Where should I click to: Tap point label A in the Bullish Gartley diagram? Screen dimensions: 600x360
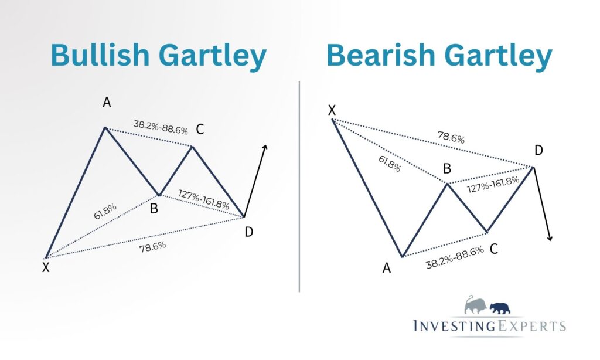107,102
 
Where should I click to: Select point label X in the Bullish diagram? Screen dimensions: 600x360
46,267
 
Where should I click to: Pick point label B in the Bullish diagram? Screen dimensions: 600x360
154,209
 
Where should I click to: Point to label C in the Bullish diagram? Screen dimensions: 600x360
200,130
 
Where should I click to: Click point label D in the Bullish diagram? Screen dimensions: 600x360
248,232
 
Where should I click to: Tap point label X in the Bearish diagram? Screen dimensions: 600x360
332,110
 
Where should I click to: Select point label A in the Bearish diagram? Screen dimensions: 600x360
387,268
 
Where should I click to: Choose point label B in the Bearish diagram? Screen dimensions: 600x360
446,168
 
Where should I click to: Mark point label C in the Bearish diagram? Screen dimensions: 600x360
493,249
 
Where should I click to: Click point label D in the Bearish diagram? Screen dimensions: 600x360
538,151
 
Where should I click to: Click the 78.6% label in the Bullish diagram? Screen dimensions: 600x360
153,247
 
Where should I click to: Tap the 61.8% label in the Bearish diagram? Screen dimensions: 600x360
390,164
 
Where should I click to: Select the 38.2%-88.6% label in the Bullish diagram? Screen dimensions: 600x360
161,128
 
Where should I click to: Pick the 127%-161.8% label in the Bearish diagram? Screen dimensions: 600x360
493,184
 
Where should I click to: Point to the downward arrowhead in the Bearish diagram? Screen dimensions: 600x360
550,238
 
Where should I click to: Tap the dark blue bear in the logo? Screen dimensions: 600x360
500,308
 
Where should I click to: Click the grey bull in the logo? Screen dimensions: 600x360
476,305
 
